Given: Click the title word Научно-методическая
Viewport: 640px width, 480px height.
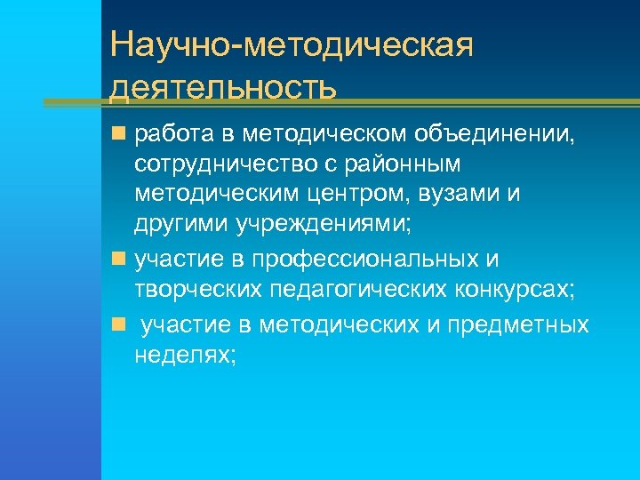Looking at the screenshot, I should tap(292, 45).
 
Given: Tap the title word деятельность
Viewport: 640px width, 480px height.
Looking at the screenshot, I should tap(224, 88).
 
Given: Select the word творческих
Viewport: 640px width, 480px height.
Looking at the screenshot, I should tap(193, 289).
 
